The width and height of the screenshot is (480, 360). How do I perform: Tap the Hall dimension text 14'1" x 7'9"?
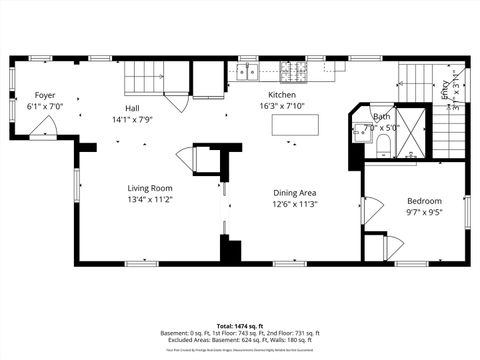tap(132, 119)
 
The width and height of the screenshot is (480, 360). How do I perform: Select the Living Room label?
tap(150, 188)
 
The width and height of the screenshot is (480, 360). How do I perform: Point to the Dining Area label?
tap(295, 193)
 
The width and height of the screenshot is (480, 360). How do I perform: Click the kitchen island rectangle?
tap(296, 124)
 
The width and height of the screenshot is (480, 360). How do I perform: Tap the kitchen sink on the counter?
tap(246, 72)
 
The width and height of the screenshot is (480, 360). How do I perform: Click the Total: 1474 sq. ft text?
tap(240, 326)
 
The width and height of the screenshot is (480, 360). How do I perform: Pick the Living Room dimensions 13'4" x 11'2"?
tap(150, 200)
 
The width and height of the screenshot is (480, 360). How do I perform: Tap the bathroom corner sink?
tap(358, 129)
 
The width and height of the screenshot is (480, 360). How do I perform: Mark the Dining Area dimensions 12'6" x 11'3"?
tap(295, 205)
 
